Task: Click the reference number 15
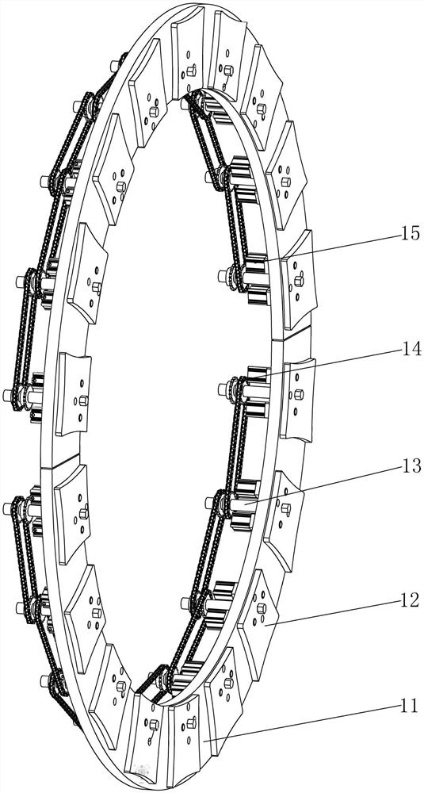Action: [410, 234]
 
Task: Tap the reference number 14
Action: [410, 349]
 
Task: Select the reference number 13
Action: [410, 465]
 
